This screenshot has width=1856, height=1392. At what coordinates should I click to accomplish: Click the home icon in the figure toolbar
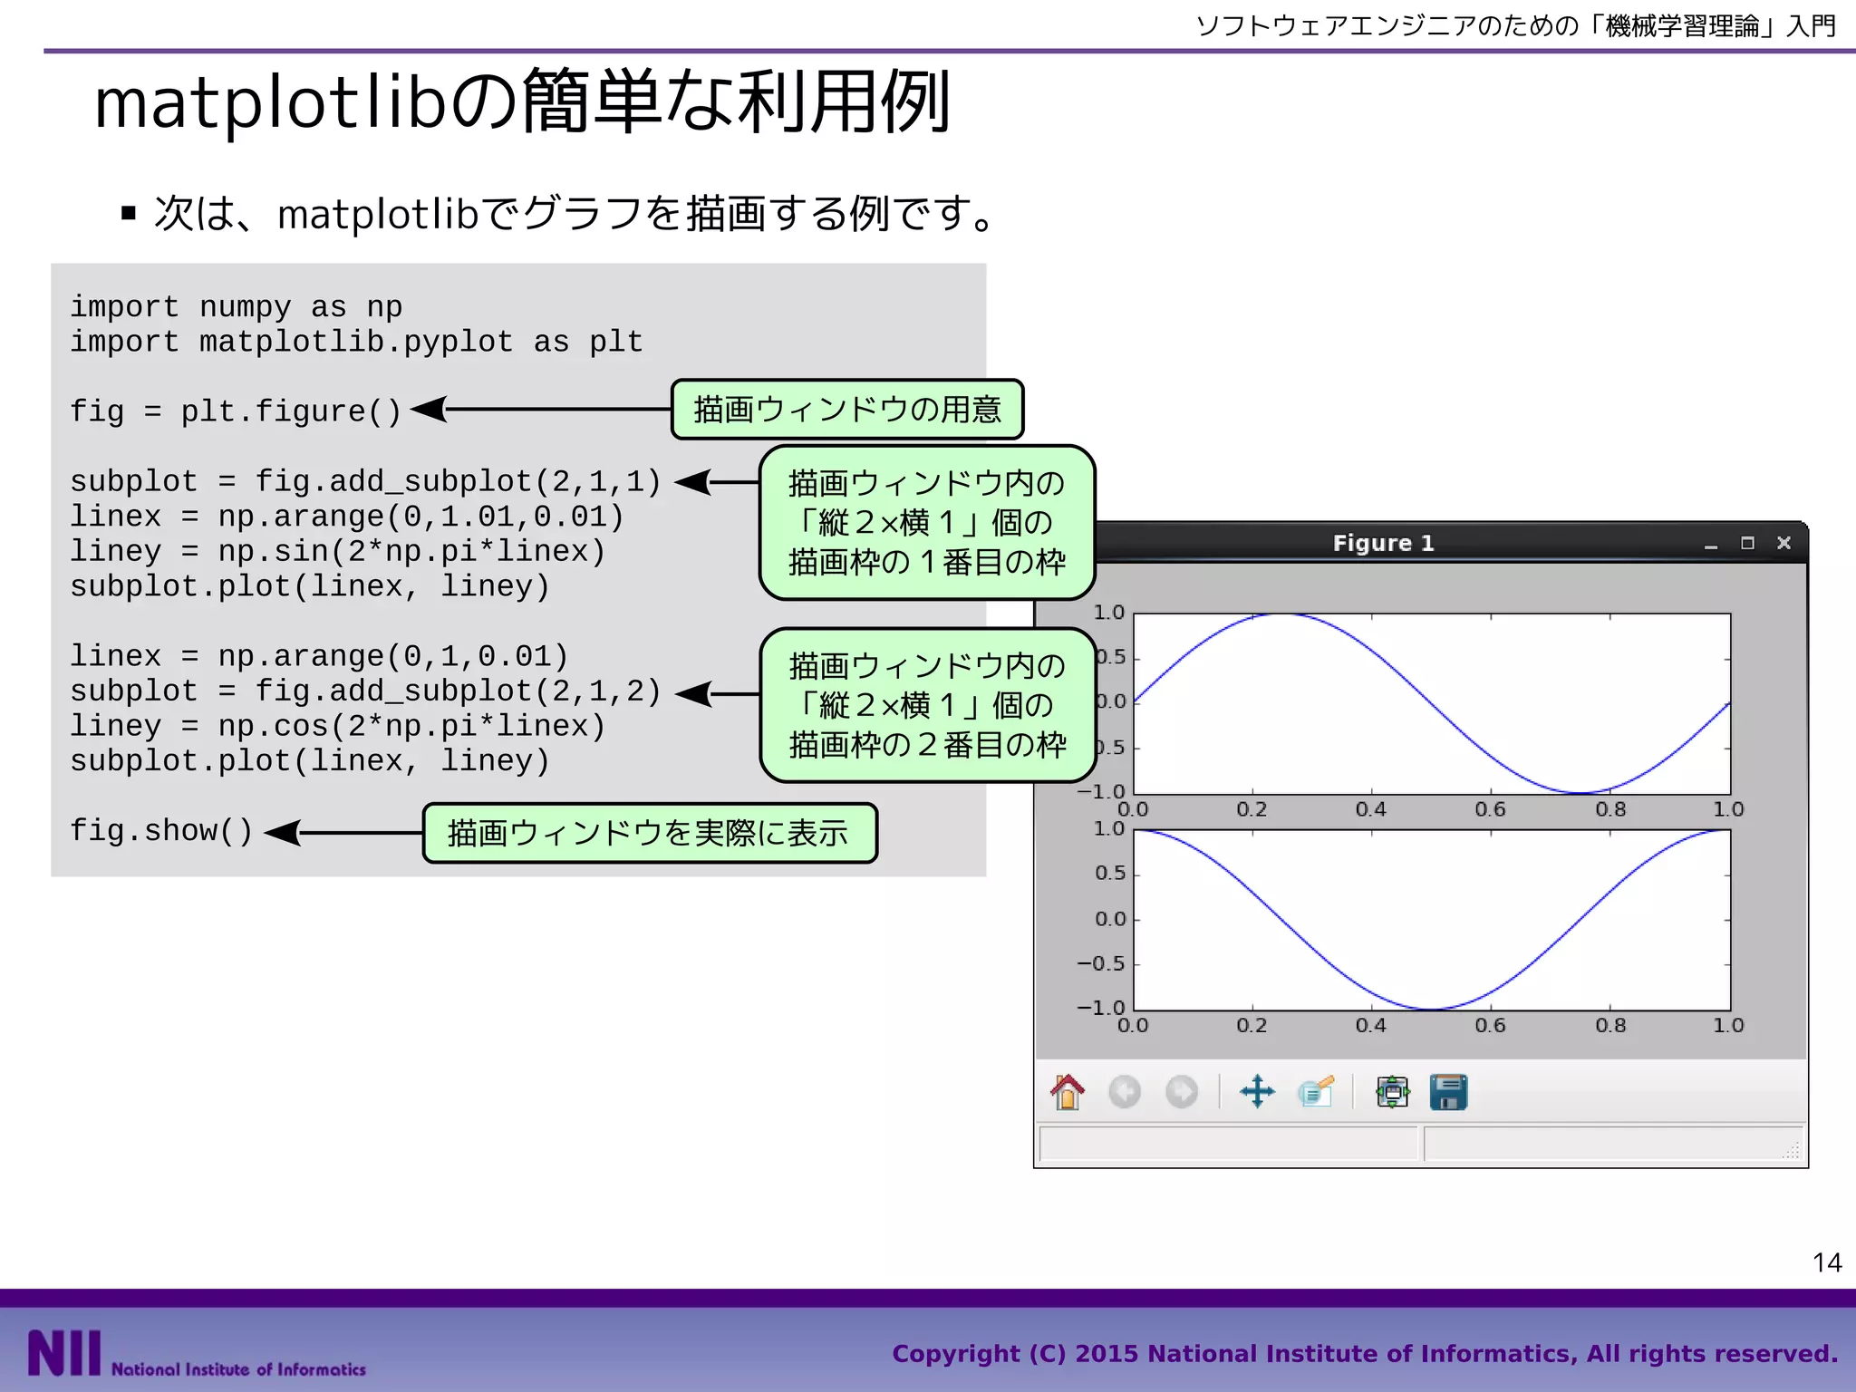[1068, 1092]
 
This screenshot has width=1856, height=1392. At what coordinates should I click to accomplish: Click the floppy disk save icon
[1448, 1092]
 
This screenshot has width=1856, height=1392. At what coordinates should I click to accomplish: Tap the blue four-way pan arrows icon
[1257, 1092]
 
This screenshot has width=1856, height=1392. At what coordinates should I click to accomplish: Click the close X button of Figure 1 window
[1783, 543]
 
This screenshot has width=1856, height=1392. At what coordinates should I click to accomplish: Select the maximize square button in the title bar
[1747, 543]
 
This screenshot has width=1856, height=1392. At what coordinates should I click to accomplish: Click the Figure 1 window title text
[1383, 543]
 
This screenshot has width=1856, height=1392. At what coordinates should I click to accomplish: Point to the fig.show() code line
[161, 831]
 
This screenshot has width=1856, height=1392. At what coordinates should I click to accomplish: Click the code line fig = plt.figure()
[236, 411]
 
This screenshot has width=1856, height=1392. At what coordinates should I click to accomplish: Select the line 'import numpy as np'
[236, 307]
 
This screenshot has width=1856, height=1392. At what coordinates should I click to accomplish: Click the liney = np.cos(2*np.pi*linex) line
[337, 726]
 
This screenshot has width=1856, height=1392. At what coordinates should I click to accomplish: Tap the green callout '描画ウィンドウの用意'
[847, 410]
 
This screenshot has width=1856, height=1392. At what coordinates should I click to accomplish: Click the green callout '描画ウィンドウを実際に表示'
[649, 833]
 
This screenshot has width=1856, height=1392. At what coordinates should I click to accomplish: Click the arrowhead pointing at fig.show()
[283, 832]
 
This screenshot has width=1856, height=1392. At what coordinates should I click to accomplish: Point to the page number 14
[1827, 1262]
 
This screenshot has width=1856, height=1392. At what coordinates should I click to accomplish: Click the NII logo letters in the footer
[63, 1353]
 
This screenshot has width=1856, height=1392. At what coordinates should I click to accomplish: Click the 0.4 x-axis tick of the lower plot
[1370, 1025]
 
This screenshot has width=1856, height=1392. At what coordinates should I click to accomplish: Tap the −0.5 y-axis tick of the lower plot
[1100, 963]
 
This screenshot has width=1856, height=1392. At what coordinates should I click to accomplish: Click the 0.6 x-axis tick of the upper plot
[1490, 809]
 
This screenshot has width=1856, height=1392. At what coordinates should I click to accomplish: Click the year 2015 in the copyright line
[1106, 1354]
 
